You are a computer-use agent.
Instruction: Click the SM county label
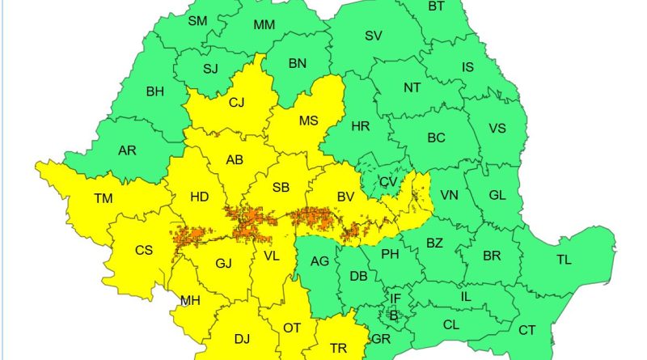tap(197, 22)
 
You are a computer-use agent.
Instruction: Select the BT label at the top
tap(436, 6)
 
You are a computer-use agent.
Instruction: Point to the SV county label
tap(373, 36)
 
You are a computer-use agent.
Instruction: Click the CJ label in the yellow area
tap(236, 102)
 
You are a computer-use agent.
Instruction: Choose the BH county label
tap(154, 91)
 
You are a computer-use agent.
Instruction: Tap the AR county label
tap(127, 150)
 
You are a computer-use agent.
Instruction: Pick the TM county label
tap(104, 198)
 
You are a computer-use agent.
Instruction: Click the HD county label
tap(199, 197)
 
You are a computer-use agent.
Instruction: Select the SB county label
tap(281, 188)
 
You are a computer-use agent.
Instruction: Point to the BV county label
tap(346, 197)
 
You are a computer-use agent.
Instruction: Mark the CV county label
tap(389, 182)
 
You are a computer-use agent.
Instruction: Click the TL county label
tap(564, 260)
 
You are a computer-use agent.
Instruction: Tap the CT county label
tap(526, 330)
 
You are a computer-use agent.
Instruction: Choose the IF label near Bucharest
tap(395, 299)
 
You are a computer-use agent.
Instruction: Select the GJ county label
tap(224, 263)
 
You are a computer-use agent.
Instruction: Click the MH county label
tap(190, 301)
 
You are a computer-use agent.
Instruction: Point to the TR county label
tap(339, 349)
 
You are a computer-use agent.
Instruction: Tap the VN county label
tap(449, 196)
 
